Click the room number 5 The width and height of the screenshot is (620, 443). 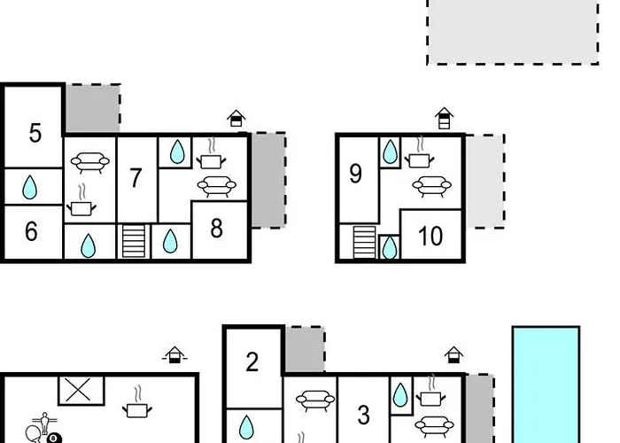[x=35, y=134]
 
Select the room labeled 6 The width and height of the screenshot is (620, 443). [x=31, y=232]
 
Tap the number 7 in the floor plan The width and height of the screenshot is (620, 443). [x=136, y=178]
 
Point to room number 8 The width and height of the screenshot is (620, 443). [x=217, y=229]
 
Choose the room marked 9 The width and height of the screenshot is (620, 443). [x=356, y=174]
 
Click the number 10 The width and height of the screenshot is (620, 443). [x=430, y=237]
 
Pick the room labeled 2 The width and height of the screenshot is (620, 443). [x=252, y=362]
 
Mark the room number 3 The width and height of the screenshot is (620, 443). [x=363, y=415]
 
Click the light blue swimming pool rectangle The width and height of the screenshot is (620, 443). [x=546, y=385]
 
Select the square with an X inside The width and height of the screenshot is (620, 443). [x=81, y=390]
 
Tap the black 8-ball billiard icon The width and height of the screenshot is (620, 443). [x=54, y=438]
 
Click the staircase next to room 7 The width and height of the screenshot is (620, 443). [x=133, y=242]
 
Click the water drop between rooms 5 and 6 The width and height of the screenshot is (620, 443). [x=30, y=187]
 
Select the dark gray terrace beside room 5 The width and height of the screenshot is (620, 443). [x=92, y=110]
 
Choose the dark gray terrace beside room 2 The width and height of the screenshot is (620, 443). [x=304, y=351]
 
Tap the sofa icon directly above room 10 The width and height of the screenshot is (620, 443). [x=430, y=186]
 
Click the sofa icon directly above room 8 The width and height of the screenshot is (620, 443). [x=215, y=186]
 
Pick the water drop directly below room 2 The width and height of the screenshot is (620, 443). [x=252, y=426]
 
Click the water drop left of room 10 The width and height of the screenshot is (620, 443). [x=389, y=247]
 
